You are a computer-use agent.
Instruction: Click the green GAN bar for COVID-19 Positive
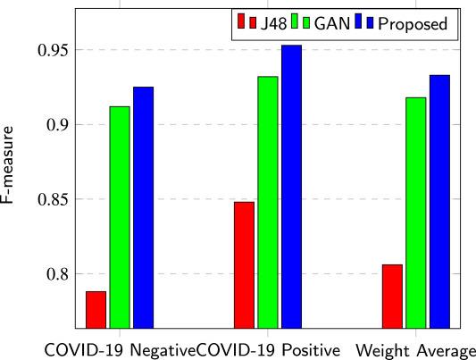(x=268, y=202)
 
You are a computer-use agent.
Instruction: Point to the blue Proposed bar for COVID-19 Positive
(x=292, y=187)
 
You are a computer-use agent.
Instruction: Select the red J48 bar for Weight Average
(x=392, y=296)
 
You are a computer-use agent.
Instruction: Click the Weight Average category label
(x=415, y=348)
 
